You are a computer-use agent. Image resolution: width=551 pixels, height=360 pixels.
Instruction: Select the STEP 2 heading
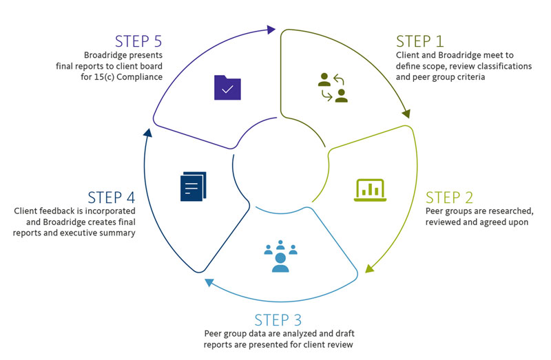tap(450, 198)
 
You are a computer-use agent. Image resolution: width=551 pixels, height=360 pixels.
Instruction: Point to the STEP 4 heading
tap(111, 197)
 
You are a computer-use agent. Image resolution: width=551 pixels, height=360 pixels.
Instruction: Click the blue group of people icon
tap(280, 255)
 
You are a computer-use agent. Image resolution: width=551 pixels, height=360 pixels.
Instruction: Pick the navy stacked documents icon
tap(193, 187)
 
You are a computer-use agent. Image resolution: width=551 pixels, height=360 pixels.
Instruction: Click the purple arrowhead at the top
tap(271, 30)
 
